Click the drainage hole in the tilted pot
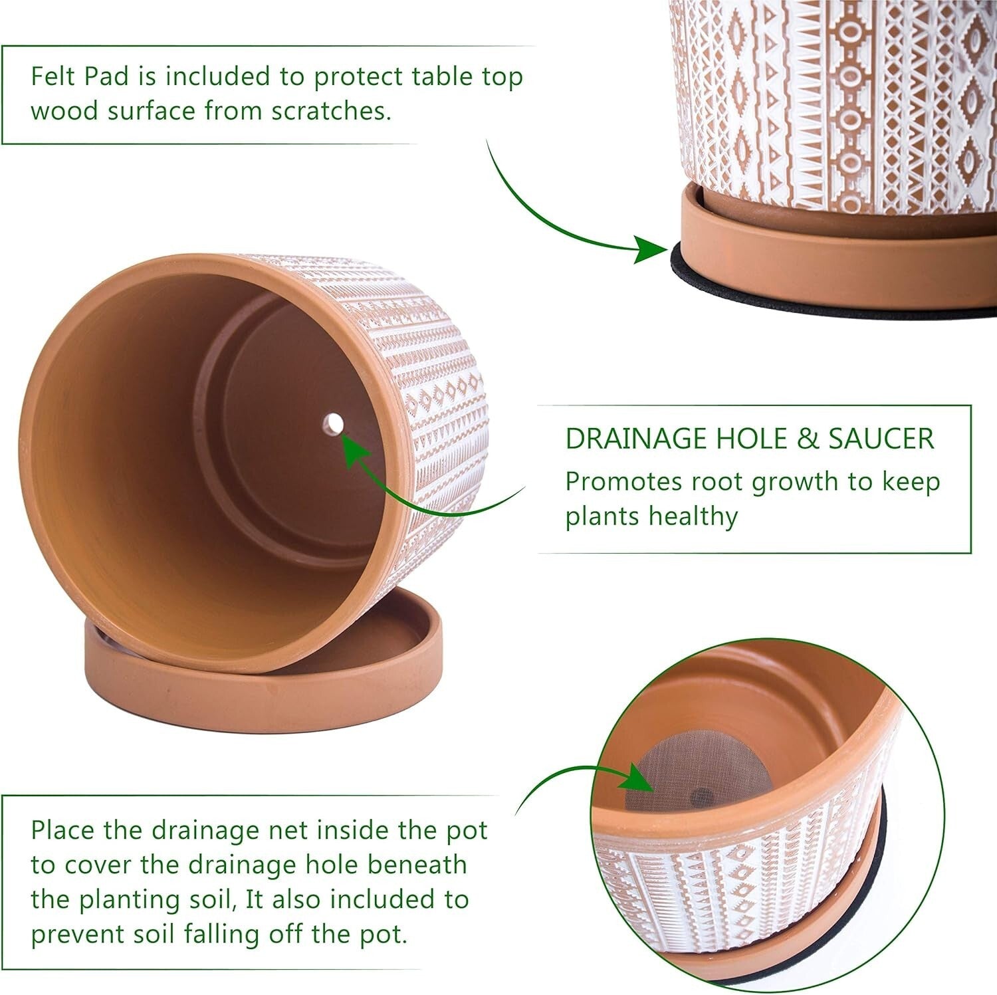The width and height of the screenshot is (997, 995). pyautogui.click(x=332, y=423)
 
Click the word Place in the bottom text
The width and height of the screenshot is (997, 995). pyautogui.click(x=63, y=830)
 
